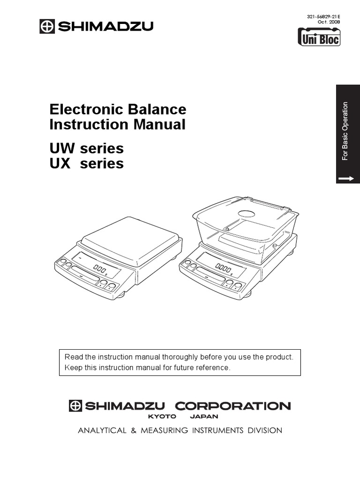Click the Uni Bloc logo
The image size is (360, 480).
click(x=319, y=37)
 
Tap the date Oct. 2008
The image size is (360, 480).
click(x=330, y=22)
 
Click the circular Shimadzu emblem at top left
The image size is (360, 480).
click(x=47, y=26)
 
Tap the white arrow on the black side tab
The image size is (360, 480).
click(x=347, y=178)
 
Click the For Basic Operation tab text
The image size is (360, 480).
click(x=345, y=131)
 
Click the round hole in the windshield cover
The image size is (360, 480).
click(x=247, y=214)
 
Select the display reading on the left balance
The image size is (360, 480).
click(x=99, y=269)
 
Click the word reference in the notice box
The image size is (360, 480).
click(x=213, y=367)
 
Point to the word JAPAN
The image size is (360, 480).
click(x=204, y=416)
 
